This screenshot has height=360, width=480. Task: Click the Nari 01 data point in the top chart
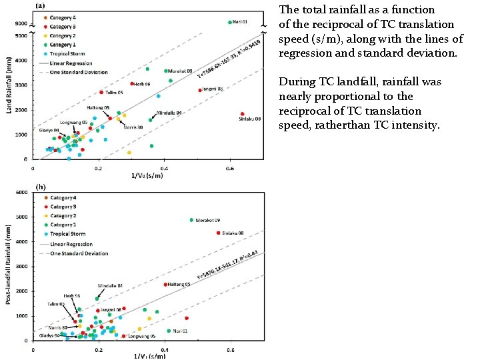(x=230, y=22)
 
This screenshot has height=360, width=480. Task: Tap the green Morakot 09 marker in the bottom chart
(x=191, y=220)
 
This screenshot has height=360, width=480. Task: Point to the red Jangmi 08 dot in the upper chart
(x=199, y=90)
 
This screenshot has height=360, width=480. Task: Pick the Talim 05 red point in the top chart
(x=101, y=93)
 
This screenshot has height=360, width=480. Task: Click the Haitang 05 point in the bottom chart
(x=165, y=285)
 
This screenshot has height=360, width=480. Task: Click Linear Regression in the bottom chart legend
(x=67, y=245)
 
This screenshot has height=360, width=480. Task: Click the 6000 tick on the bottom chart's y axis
(x=21, y=193)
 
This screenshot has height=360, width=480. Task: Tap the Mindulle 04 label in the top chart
(x=171, y=113)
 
